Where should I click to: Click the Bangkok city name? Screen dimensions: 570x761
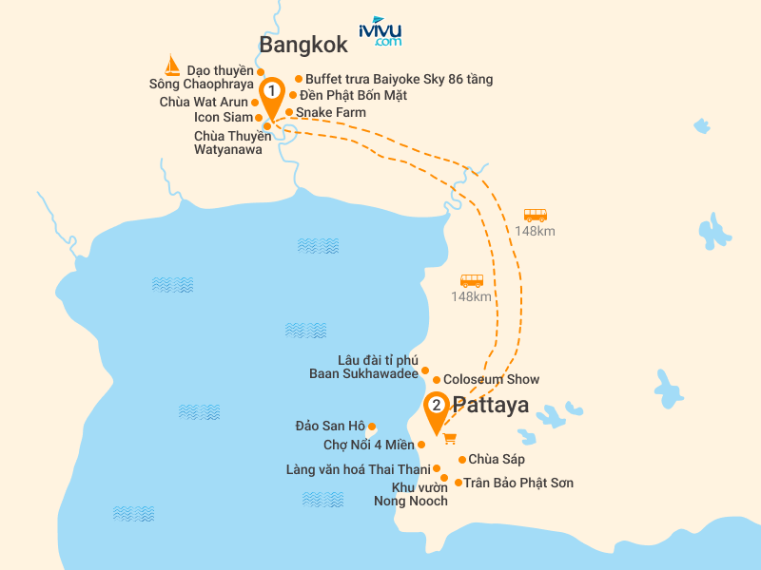click(x=303, y=45)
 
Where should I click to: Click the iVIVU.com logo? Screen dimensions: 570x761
click(x=380, y=31)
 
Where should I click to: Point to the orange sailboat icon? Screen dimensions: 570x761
click(x=171, y=66)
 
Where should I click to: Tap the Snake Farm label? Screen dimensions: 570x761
click(x=330, y=112)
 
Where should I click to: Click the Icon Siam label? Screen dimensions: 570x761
click(x=224, y=118)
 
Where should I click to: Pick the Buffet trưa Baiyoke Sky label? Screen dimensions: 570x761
click(x=399, y=79)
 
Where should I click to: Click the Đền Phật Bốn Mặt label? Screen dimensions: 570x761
click(x=346, y=95)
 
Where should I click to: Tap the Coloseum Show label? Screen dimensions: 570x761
click(x=491, y=379)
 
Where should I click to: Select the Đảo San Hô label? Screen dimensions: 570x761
click(x=330, y=426)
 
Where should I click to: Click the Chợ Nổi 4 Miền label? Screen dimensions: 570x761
click(x=369, y=444)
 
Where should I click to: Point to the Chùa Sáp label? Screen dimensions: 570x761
click(x=497, y=460)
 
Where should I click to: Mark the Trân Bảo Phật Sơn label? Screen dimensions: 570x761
click(x=518, y=483)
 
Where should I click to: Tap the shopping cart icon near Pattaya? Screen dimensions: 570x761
click(x=450, y=438)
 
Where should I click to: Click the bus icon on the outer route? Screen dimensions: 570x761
click(x=536, y=216)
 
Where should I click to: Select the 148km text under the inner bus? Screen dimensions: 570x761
click(x=472, y=296)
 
